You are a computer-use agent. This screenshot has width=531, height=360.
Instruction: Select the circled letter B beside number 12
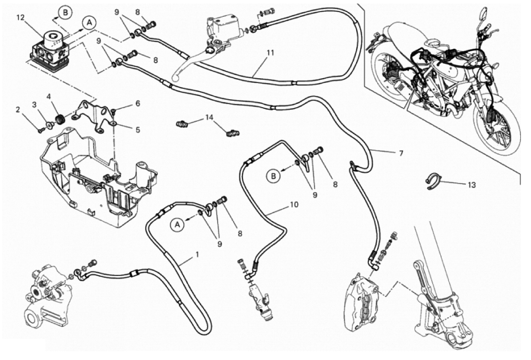click(65, 13)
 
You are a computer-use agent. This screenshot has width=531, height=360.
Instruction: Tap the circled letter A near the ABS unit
click(88, 22)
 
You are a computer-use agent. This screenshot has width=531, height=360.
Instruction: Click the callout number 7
click(401, 153)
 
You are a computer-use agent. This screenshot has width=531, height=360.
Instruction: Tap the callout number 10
click(293, 205)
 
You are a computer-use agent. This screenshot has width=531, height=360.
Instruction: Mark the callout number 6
click(137, 103)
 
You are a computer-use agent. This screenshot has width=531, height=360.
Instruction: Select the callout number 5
click(137, 130)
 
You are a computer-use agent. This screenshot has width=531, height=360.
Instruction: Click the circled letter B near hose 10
click(274, 176)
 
